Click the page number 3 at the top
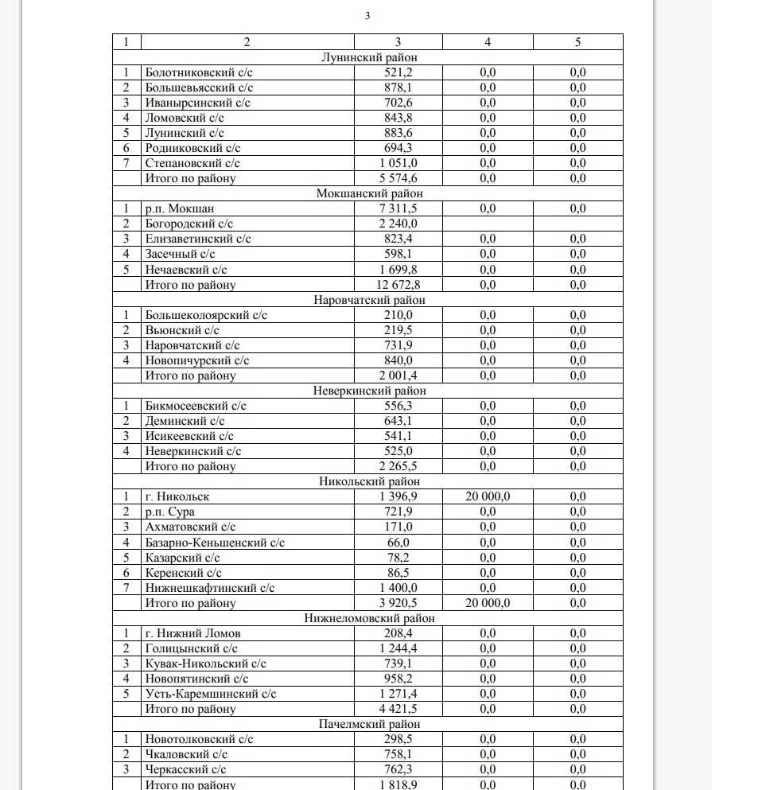(367, 16)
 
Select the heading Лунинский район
(367, 57)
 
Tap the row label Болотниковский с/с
(199, 72)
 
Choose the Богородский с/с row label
(189, 224)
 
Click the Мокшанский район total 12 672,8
(398, 284)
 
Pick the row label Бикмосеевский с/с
(196, 406)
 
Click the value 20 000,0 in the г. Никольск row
(488, 496)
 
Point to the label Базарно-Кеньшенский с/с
(215, 543)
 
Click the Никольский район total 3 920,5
(398, 603)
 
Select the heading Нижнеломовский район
(367, 618)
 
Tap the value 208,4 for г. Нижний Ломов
(398, 633)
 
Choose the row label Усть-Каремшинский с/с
(211, 694)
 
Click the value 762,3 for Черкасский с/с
(398, 769)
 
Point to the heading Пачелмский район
(367, 724)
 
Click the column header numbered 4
(488, 42)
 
